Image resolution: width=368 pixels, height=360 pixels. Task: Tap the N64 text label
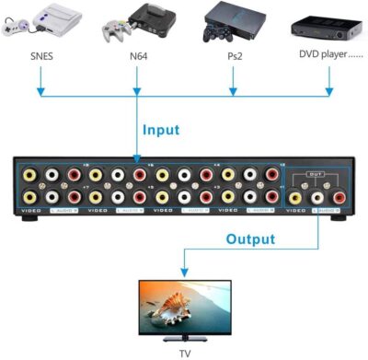pyautogui.click(x=138, y=53)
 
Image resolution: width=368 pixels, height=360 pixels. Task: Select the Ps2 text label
pyautogui.click(x=234, y=53)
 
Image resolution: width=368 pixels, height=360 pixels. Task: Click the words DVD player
pyautogui.click(x=326, y=53)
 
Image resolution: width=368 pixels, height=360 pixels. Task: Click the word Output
pyautogui.click(x=250, y=239)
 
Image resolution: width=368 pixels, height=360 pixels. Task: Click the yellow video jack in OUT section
pyautogui.click(x=294, y=195)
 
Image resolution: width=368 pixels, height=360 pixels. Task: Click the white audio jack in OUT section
pyautogui.click(x=316, y=195)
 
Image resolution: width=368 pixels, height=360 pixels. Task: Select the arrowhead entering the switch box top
pyautogui.click(x=138, y=153)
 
